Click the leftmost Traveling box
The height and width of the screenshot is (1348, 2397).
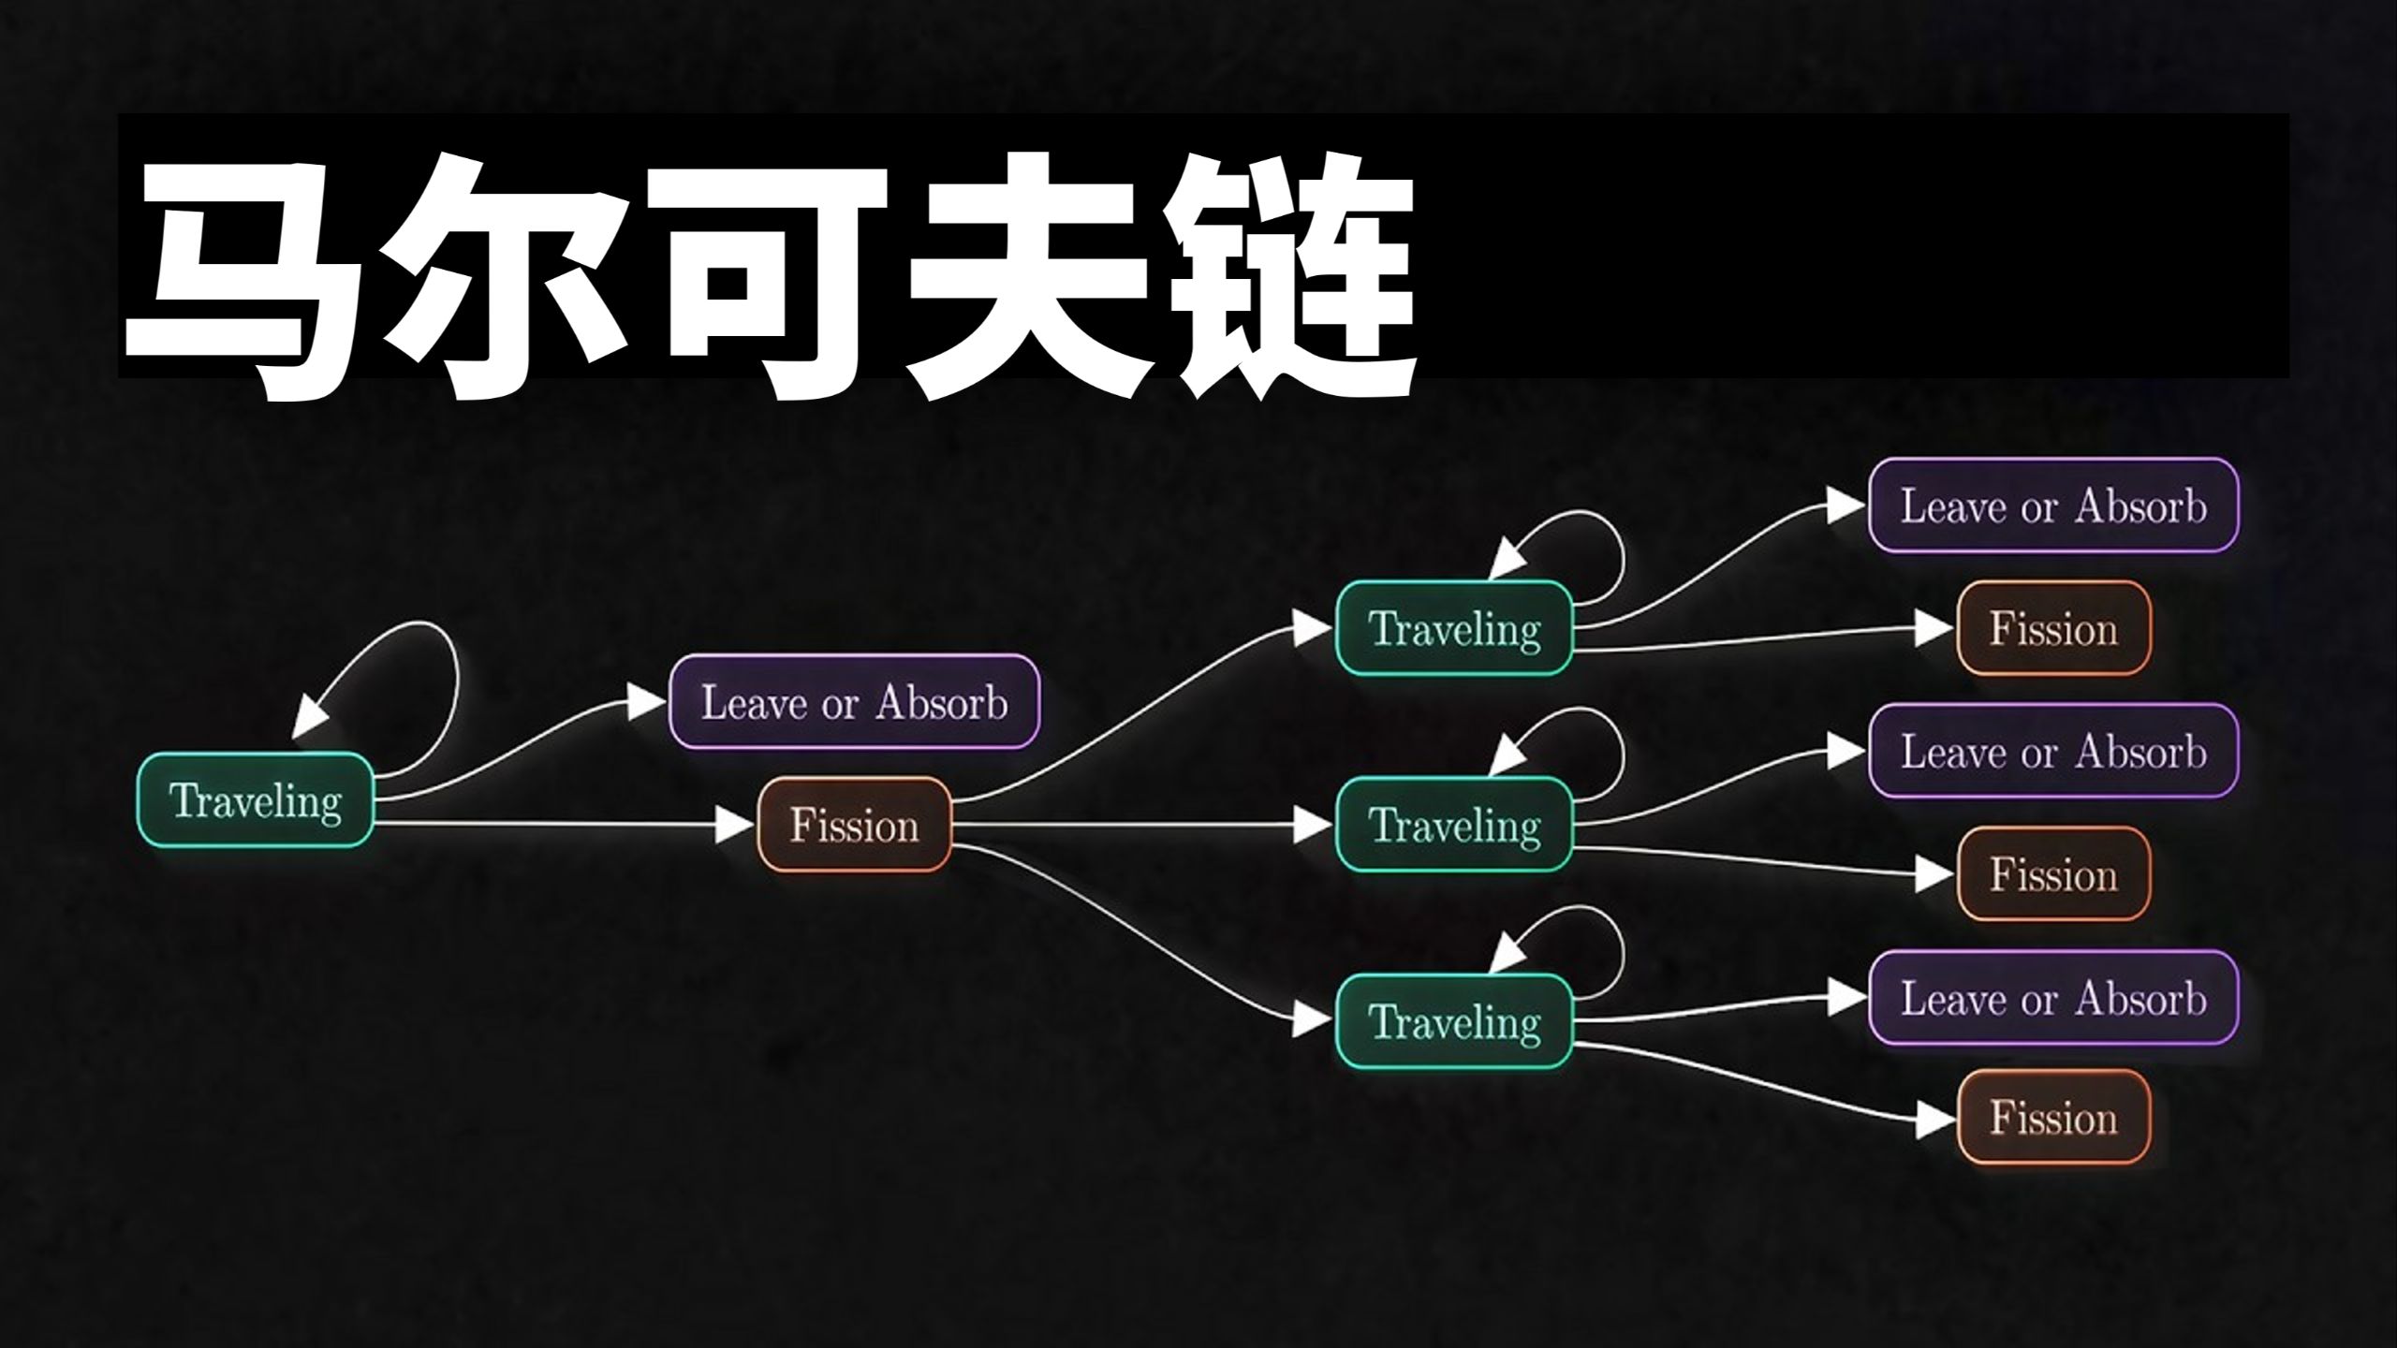coord(256,800)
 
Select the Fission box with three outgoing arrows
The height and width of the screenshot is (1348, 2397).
coord(854,825)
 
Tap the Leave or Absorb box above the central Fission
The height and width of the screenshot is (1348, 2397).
coord(854,701)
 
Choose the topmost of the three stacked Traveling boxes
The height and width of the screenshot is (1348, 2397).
coord(1454,627)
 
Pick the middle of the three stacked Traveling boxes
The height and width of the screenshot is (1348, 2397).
coord(1454,825)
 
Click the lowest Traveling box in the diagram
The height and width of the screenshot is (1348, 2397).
coord(1454,1021)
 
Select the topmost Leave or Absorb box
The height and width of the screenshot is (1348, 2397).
coord(2053,505)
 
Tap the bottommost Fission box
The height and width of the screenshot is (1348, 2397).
coord(2053,1118)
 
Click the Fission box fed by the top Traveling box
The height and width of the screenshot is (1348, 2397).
coord(2053,627)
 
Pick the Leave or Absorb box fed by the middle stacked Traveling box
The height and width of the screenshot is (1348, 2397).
coord(2053,751)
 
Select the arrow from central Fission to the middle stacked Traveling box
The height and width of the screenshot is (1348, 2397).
coord(1142,825)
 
